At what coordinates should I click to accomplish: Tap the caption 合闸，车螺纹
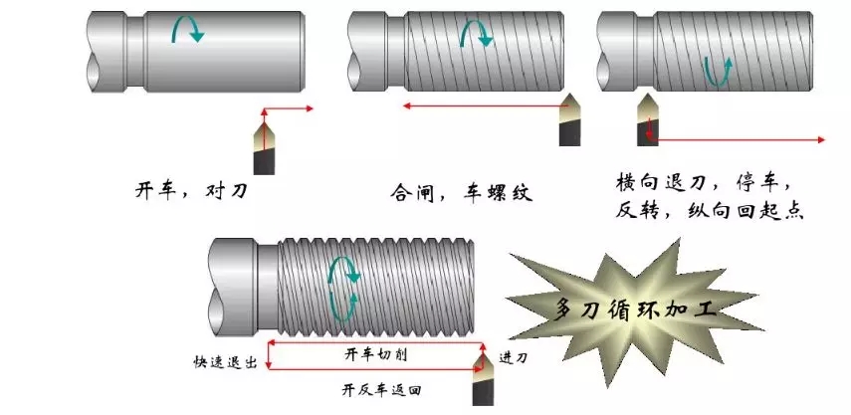pyautogui.click(x=461, y=192)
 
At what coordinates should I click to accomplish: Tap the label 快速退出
pyautogui.click(x=226, y=363)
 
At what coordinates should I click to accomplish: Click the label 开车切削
pyautogui.click(x=371, y=354)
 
